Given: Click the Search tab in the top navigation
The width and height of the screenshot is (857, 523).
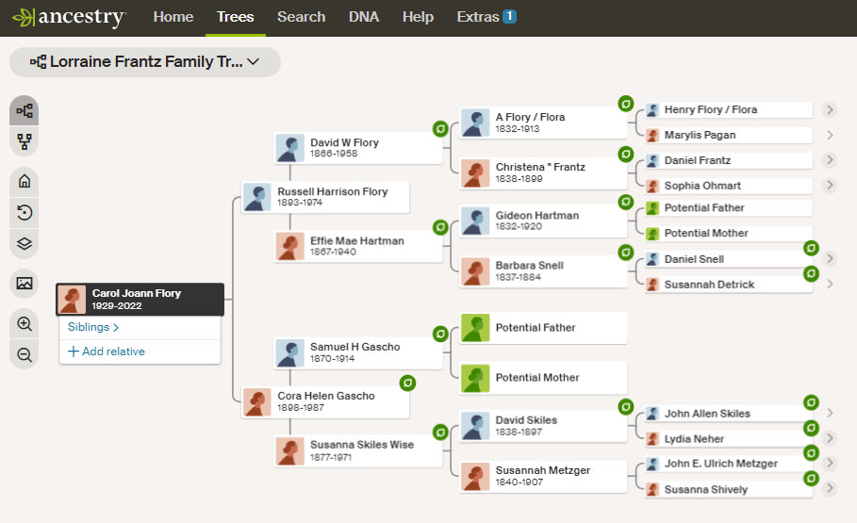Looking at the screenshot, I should pos(301,17).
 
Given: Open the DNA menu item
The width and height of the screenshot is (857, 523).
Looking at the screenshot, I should pos(364,17).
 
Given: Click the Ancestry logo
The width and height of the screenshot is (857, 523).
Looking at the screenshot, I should pos(69,17).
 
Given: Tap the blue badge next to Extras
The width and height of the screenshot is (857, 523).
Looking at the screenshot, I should pos(509,16).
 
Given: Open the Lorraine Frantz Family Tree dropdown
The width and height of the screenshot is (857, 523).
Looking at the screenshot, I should pos(145,62).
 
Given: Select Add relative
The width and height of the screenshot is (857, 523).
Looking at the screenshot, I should pos(106,351).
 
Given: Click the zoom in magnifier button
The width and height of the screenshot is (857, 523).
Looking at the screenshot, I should pos(25,324).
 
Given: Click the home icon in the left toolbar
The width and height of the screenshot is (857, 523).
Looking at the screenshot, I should pos(25,182).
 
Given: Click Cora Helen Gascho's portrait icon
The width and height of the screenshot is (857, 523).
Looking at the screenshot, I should pos(256,402).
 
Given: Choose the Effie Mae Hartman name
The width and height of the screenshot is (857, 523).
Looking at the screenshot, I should pos(356,240).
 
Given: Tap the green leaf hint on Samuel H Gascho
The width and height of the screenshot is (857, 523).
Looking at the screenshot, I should pos(439,334).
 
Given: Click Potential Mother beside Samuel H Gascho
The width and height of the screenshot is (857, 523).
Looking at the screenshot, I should pos(537,377).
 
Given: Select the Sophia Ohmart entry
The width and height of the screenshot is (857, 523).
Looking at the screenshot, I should pos(702,186).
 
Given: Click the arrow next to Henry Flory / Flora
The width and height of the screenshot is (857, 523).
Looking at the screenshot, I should pos(830,110).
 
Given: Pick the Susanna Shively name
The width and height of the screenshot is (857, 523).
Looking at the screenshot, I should pos(705,489).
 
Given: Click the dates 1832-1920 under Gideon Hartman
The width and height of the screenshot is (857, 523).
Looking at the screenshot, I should pos(519,227).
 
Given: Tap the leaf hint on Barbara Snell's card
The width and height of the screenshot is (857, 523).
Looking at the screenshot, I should pos(624,253).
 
